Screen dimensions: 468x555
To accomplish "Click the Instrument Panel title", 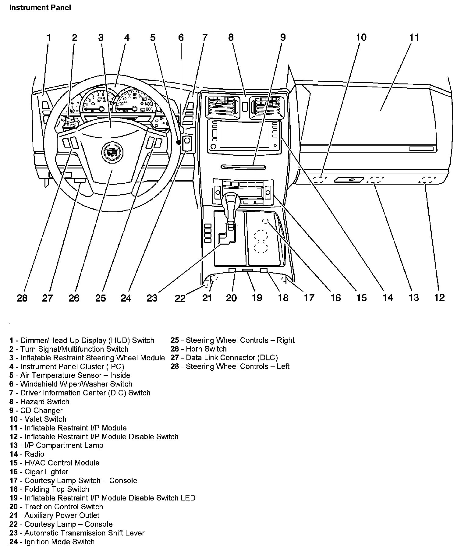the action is click(40, 8).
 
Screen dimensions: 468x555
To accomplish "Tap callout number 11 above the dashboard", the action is click(414, 37).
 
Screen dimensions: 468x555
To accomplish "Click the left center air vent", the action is click(222, 107).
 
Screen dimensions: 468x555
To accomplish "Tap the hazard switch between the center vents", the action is click(245, 107).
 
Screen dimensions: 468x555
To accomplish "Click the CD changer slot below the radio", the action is click(244, 167).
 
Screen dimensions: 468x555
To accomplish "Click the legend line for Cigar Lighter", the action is click(39, 472).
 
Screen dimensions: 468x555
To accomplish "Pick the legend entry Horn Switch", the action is click(199, 349).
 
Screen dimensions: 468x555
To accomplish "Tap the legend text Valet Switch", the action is click(38, 419).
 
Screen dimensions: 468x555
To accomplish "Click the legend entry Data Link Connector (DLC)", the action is click(224, 358).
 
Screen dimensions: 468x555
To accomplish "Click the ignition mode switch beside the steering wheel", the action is click(187, 143).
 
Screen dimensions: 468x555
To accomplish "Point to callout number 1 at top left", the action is click(48, 38).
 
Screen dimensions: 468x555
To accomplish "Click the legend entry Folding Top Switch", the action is click(49, 490).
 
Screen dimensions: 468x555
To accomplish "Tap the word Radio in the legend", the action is click(34, 454).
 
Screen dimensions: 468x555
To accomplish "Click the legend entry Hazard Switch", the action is click(39, 402).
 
